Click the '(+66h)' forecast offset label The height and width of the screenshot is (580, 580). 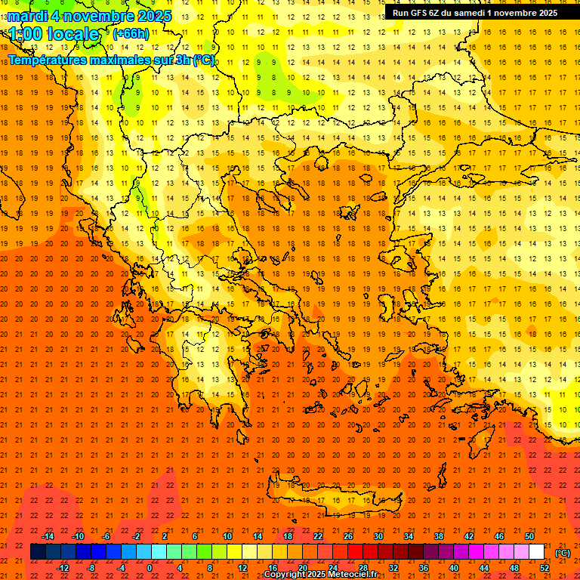pos(131,34)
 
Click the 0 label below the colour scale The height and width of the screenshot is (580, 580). pos(150,568)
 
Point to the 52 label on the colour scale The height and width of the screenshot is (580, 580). pos(545,568)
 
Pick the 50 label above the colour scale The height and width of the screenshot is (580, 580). pos(529,536)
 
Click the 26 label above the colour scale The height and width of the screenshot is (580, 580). pos(347,536)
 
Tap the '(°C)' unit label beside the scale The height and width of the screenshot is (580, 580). pos(563,553)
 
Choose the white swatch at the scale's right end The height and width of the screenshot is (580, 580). pos(537,552)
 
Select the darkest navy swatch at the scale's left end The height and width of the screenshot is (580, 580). pos(38,552)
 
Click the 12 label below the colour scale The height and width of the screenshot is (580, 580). pos(242,568)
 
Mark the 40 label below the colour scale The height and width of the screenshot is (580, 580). pos(454,568)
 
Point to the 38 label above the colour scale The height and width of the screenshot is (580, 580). pos(438,536)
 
